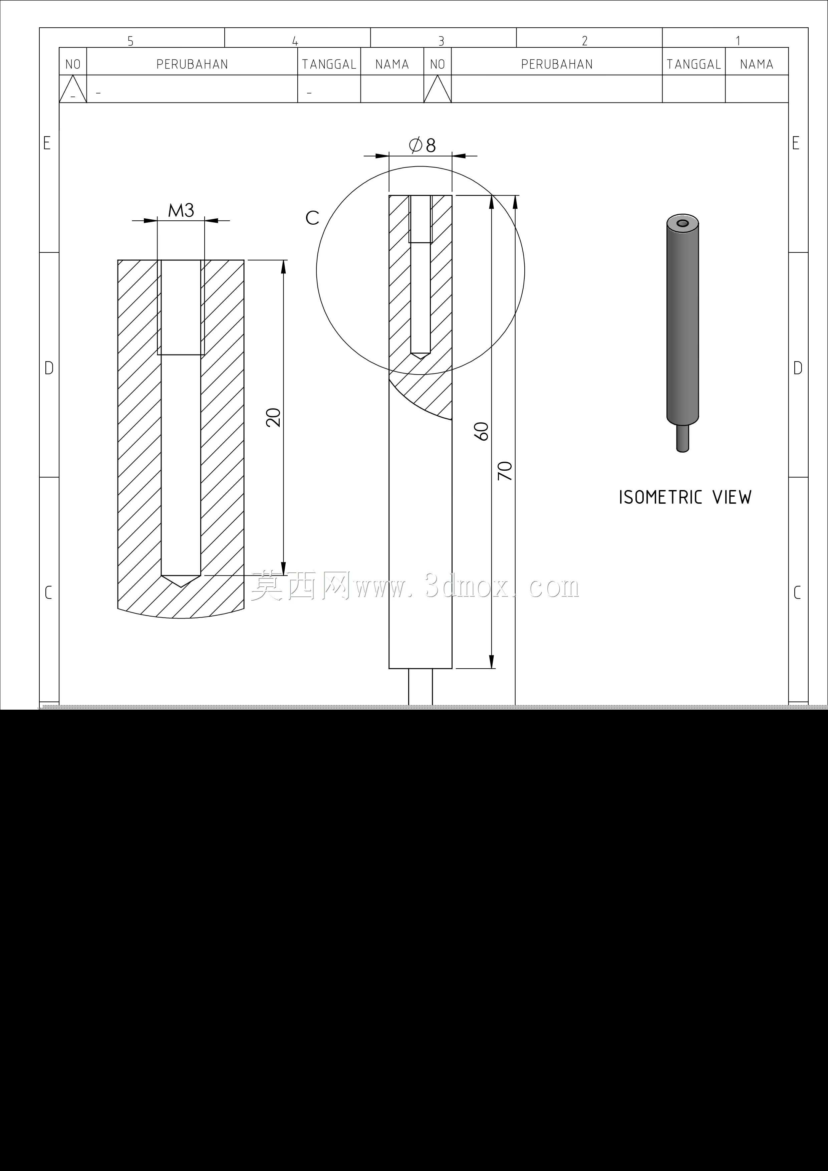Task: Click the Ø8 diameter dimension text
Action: [422, 145]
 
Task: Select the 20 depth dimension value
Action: [274, 417]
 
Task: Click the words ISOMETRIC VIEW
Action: [685, 497]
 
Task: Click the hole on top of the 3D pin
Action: [682, 223]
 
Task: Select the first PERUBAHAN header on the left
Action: [192, 64]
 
